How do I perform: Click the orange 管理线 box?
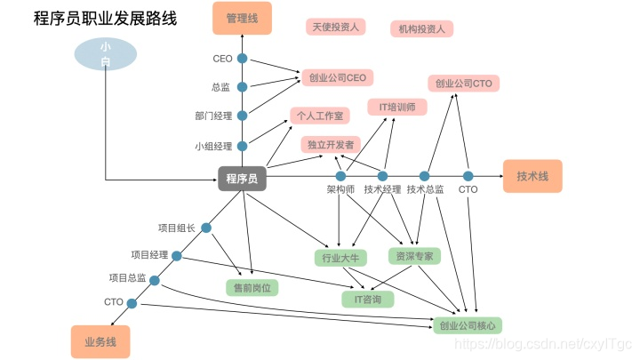(x=242, y=18)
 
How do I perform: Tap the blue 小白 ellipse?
(x=106, y=54)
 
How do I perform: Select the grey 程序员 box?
(x=242, y=179)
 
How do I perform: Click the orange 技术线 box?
(x=532, y=177)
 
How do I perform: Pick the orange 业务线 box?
(x=100, y=341)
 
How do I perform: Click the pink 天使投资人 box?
(x=335, y=27)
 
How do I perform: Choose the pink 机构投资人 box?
(x=421, y=28)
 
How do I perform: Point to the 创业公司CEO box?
(x=338, y=77)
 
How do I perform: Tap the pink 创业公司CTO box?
(x=464, y=84)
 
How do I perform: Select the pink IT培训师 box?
(x=396, y=107)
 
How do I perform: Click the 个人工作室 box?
(x=320, y=116)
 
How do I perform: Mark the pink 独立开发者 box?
(x=331, y=143)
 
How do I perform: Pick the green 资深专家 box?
(x=414, y=256)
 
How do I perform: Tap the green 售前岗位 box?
(x=252, y=287)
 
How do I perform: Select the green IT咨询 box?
(x=368, y=299)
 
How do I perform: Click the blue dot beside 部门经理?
(x=242, y=115)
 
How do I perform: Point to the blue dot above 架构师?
(x=340, y=176)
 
